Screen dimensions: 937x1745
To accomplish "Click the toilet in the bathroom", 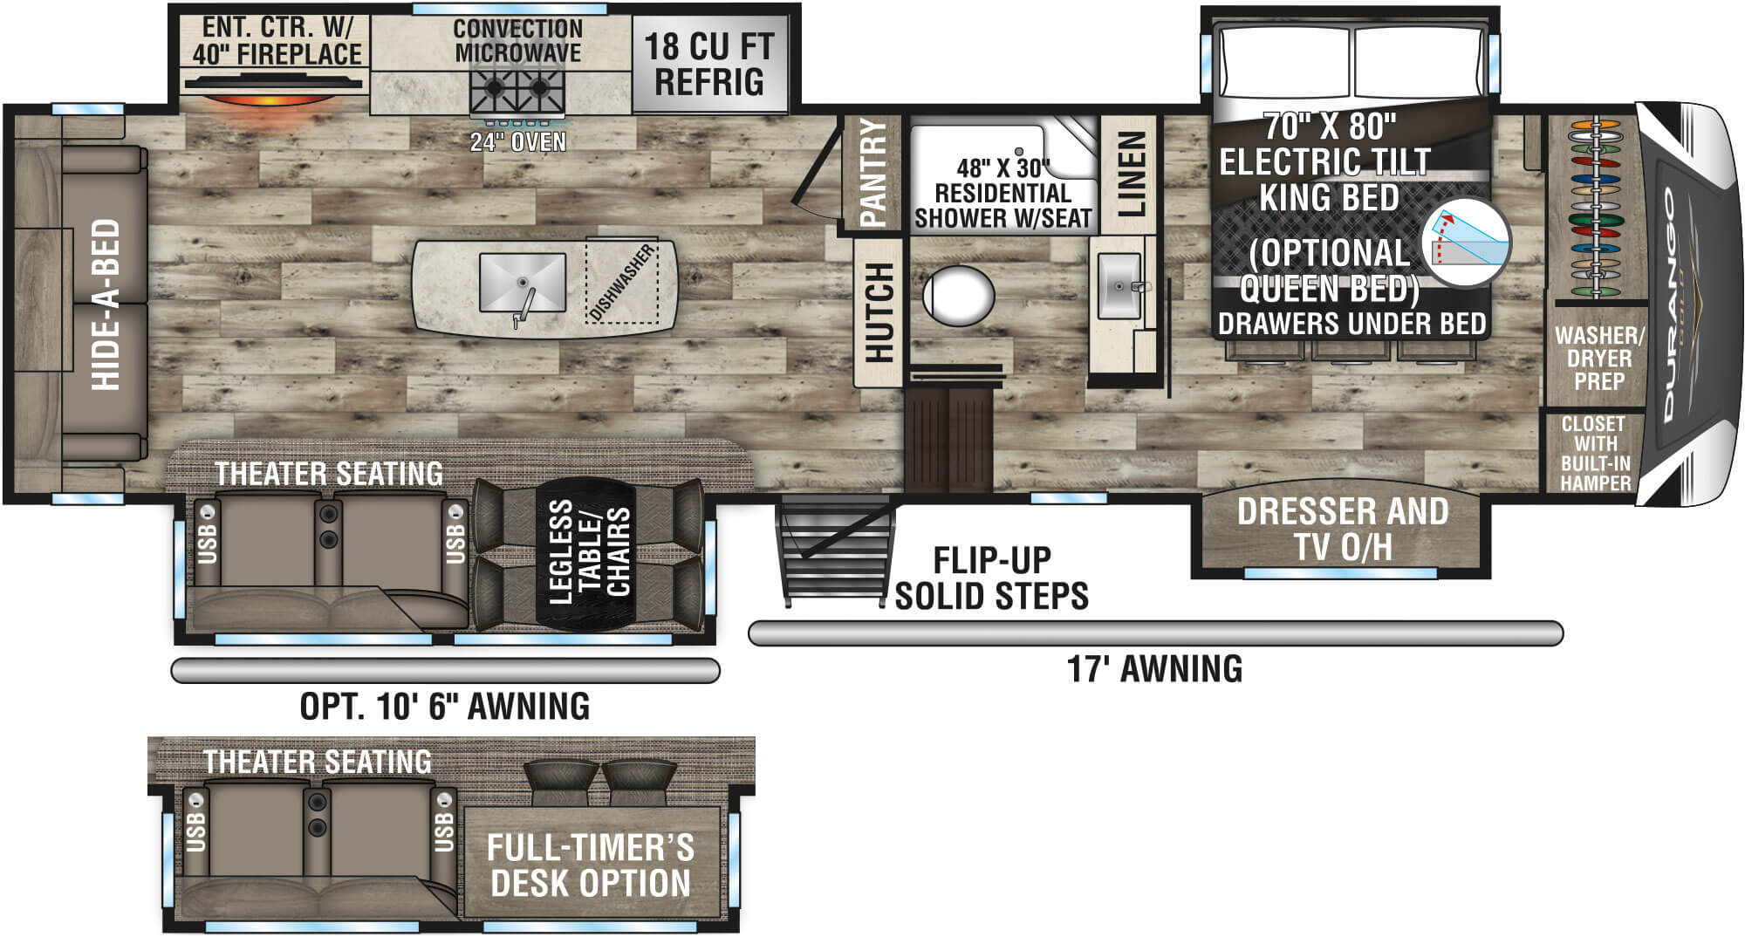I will [958, 296].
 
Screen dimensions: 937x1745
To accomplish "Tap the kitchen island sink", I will [522, 283].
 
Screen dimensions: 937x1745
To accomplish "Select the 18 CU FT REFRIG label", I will [708, 64].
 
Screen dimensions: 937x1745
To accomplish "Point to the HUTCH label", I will [879, 312].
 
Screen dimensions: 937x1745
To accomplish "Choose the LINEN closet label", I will [1131, 174].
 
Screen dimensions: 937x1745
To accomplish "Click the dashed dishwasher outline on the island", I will [622, 282].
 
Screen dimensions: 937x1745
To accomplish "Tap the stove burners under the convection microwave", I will [517, 88].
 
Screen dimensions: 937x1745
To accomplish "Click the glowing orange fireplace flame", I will [272, 99].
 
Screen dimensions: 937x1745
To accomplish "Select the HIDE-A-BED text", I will [106, 304].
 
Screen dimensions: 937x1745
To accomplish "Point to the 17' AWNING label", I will [1154, 669].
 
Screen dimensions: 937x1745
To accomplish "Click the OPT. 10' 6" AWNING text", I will [444, 706].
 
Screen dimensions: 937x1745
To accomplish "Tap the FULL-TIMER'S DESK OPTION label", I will [591, 865].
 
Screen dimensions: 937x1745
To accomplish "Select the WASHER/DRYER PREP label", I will [1598, 358].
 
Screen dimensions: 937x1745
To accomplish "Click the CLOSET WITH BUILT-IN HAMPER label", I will [1594, 453].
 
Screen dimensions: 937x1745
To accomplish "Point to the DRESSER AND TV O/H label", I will [1342, 529].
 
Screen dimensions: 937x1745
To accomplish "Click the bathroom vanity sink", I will [1119, 286].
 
